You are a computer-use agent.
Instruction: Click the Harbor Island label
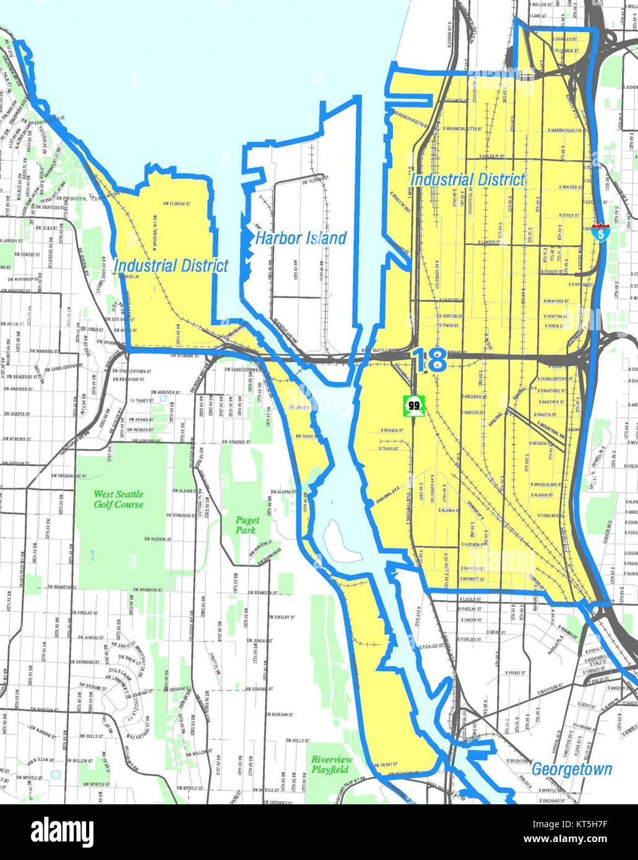tap(301, 238)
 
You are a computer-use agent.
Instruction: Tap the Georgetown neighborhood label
tap(572, 769)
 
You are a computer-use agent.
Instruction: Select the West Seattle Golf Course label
tap(119, 499)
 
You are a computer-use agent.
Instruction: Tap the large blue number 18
tap(429, 360)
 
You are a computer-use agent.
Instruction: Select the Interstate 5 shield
tap(600, 233)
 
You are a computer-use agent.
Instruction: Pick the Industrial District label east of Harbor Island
tap(468, 179)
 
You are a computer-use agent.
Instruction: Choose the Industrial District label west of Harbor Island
tap(171, 266)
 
